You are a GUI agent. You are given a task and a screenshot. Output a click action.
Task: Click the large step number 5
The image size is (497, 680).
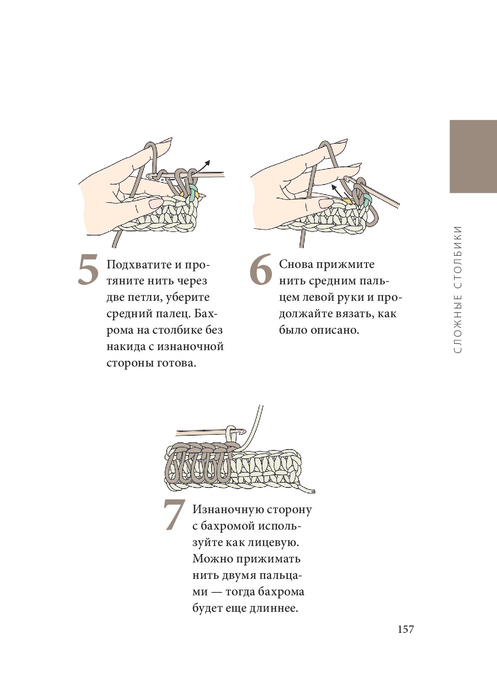88,270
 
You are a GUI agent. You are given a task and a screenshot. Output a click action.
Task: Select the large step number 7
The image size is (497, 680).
174,515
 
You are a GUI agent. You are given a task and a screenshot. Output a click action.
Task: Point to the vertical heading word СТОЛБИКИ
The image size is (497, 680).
457,256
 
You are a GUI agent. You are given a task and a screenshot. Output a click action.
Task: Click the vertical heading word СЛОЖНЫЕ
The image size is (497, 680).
457,324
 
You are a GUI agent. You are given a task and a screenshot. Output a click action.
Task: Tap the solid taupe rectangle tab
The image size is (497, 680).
473,156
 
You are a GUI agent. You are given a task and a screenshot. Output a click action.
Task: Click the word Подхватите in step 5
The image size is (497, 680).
139,265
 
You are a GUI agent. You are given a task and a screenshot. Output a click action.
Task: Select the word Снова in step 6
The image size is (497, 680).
296,264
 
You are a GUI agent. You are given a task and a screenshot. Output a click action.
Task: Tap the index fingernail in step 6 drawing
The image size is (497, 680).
341,142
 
